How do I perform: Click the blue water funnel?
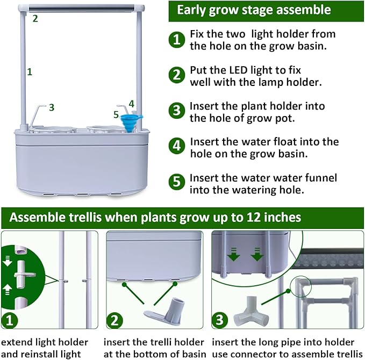click(129, 119)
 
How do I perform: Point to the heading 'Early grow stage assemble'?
click(254, 10)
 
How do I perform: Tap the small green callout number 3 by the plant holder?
click(52, 107)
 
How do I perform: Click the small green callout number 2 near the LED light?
click(35, 18)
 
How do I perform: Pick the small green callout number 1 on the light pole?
click(30, 71)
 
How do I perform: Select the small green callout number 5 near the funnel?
click(116, 114)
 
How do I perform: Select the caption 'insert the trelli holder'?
click(154, 342)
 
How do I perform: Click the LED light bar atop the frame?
click(83, 8)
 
